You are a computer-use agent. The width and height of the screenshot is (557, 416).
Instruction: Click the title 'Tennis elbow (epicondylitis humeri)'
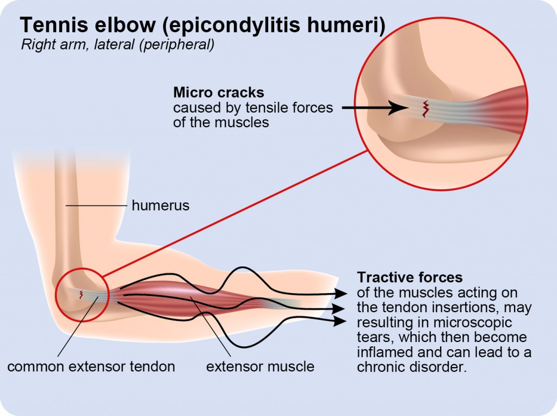[202, 25]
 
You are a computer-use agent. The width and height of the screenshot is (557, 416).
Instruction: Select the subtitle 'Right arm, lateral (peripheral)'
[117, 45]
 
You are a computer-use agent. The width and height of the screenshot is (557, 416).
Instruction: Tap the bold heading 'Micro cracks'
[219, 92]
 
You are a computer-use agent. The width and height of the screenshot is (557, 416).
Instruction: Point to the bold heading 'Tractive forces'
[410, 277]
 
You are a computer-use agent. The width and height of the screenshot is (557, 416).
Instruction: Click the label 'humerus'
[160, 206]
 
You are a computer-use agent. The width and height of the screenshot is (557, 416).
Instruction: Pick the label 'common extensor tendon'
[91, 367]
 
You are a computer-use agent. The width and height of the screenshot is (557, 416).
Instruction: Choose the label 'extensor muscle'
[260, 367]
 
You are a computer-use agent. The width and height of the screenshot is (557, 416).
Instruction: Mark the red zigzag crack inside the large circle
[424, 108]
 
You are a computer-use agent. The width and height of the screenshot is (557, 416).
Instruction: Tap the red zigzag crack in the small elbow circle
[82, 294]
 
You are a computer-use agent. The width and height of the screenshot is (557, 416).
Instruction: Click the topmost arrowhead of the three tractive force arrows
[341, 294]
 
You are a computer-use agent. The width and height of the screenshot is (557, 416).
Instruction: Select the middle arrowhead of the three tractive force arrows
[341, 308]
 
